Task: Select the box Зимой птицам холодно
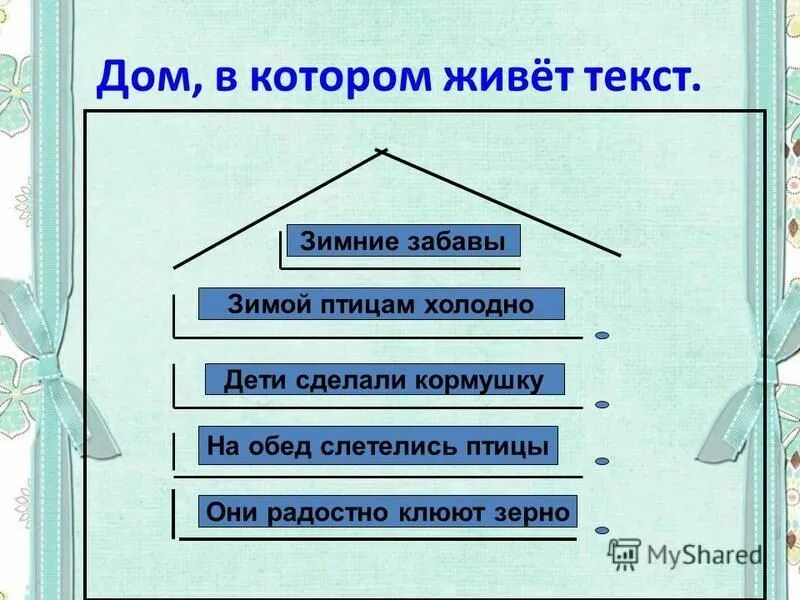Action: (x=381, y=304)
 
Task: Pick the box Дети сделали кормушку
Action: (x=384, y=380)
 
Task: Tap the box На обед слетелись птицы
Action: (x=378, y=446)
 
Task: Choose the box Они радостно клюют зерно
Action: (x=388, y=511)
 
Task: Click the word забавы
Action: (x=459, y=241)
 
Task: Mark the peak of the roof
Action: (x=381, y=151)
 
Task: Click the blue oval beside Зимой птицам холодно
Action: (x=602, y=336)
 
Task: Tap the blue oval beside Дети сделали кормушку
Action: (x=602, y=405)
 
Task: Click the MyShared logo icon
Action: (x=625, y=553)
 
